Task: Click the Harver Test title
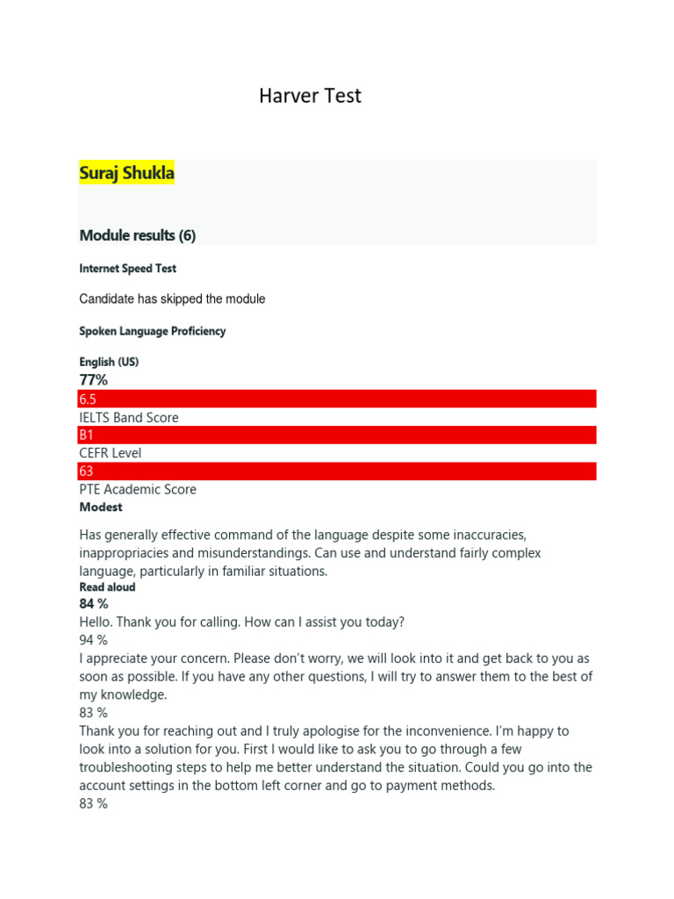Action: point(310,96)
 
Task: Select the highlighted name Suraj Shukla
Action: point(126,173)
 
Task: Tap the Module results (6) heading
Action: point(137,235)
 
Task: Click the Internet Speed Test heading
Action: point(128,269)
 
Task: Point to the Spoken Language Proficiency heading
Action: point(152,331)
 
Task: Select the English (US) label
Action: point(109,362)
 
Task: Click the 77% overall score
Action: point(94,380)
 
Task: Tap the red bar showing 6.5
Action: point(337,399)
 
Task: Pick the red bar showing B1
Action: point(337,435)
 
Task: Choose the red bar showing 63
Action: point(337,471)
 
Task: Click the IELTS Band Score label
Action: point(128,418)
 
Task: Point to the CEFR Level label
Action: point(110,453)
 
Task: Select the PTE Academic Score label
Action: point(138,489)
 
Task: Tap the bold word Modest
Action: point(101,507)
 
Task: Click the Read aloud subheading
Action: point(107,587)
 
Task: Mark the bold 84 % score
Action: point(94,604)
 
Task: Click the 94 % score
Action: point(93,641)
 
